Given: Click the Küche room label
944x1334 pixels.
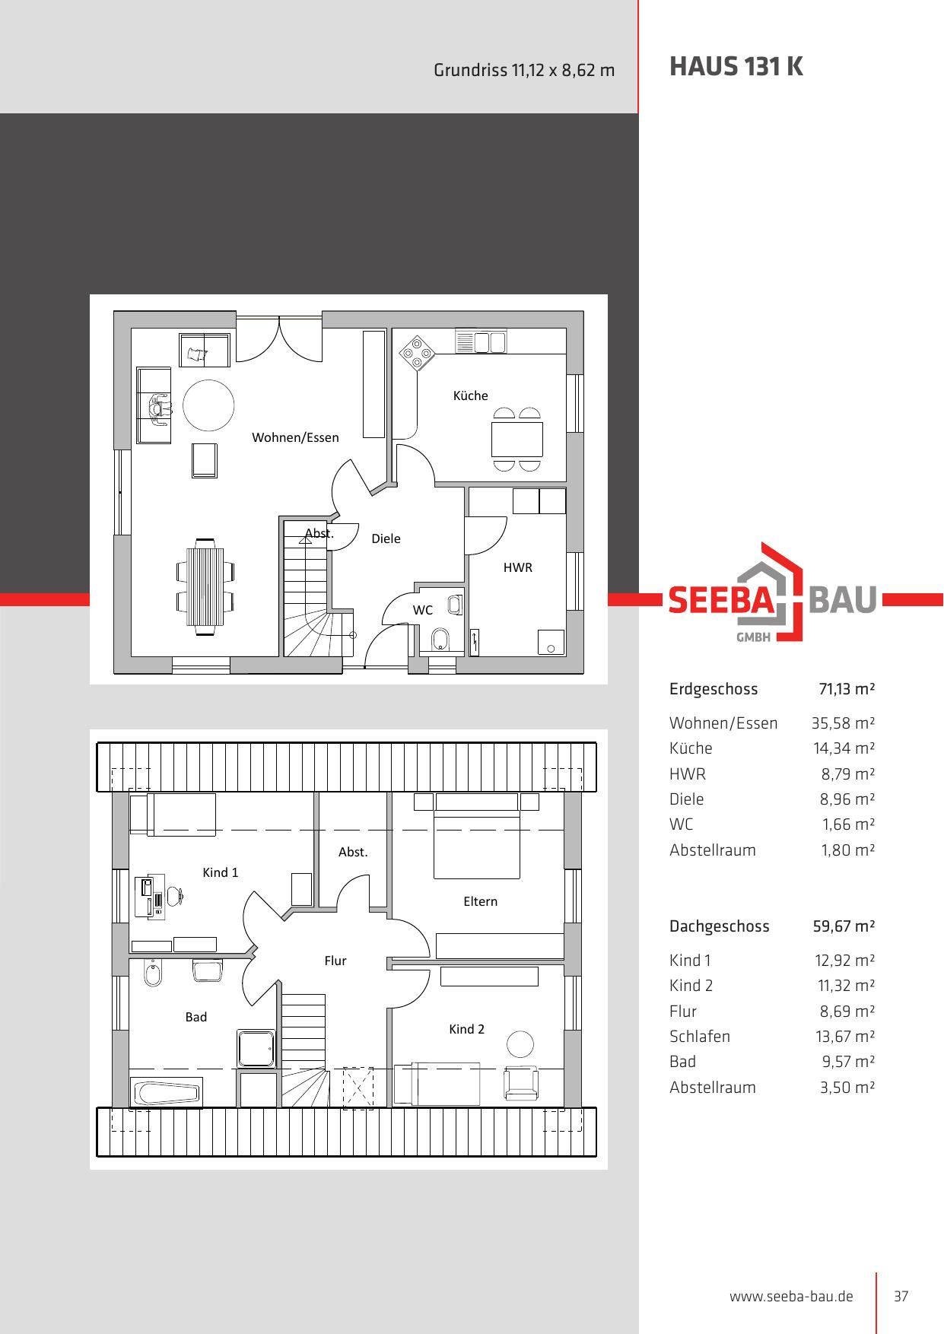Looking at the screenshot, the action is click(x=470, y=395).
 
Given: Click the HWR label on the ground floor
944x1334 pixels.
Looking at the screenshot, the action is click(x=517, y=567).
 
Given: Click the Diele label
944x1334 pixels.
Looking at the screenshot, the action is click(x=386, y=538).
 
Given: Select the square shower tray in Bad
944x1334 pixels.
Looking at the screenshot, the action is click(x=256, y=1049).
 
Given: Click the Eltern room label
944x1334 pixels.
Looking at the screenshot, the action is click(x=480, y=901).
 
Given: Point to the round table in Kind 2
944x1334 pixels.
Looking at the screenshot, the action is click(x=520, y=1043).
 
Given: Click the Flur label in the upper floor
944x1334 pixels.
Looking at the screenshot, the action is click(x=335, y=961).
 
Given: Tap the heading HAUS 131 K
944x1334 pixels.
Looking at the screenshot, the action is click(x=736, y=67).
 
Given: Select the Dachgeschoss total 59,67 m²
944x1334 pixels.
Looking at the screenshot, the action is click(x=844, y=926).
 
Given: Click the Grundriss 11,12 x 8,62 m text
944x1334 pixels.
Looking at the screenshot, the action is click(x=524, y=71).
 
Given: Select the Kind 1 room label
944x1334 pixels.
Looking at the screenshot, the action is click(x=220, y=872).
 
